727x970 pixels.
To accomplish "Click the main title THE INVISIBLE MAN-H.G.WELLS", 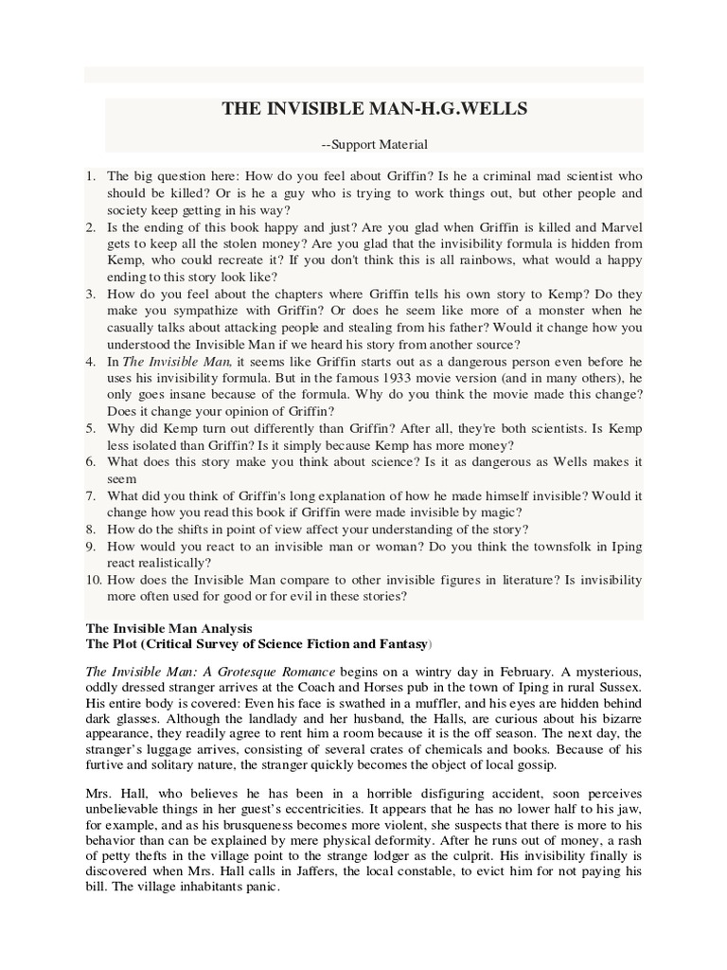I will pyautogui.click(x=374, y=109).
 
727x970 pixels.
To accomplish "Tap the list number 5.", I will pyautogui.click(x=90, y=427).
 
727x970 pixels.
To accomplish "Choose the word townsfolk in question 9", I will pyautogui.click(x=562, y=546).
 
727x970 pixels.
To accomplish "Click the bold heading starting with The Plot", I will pyautogui.click(x=257, y=644).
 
